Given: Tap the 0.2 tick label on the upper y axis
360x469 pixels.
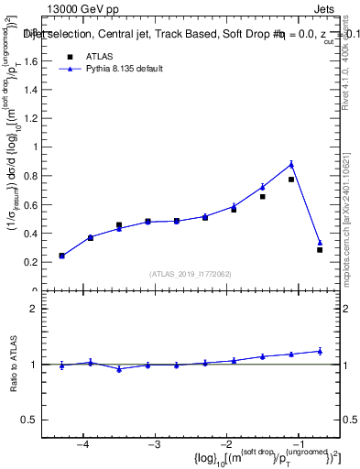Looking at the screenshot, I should pos(34,262).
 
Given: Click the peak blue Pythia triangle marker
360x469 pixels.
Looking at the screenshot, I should pos(291,164).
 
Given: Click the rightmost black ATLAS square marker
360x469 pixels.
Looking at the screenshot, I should pos(320,249).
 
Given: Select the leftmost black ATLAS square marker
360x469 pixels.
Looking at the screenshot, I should pos(61,256).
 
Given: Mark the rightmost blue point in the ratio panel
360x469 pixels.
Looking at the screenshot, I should pos(320,350).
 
